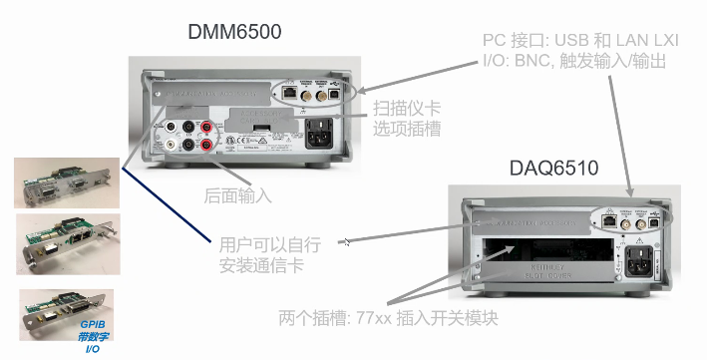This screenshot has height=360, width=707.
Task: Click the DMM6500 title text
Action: pyautogui.click(x=234, y=32)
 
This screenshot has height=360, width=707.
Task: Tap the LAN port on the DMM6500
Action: pyautogui.click(x=289, y=91)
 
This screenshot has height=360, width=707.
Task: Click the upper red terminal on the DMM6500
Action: pyautogui.click(x=208, y=127)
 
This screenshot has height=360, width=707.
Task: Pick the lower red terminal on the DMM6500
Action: pyautogui.click(x=208, y=146)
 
